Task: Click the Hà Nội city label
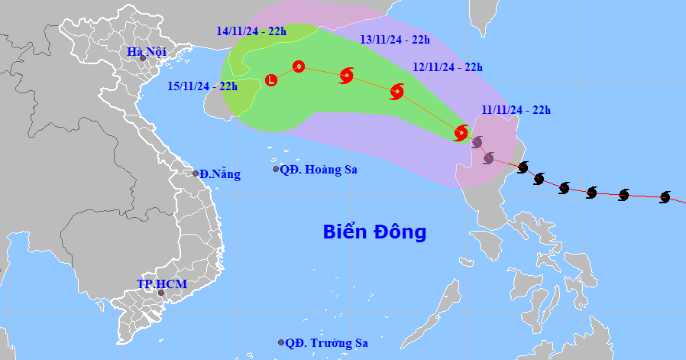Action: (147, 52)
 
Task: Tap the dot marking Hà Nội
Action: (142, 58)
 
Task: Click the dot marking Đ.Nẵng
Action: (196, 174)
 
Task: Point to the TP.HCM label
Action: (161, 284)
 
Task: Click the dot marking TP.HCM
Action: (161, 293)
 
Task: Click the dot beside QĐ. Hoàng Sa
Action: (277, 169)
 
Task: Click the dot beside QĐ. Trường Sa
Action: (282, 342)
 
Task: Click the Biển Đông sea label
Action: (374, 232)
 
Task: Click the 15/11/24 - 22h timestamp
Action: (202, 86)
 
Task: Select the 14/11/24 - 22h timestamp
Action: (251, 31)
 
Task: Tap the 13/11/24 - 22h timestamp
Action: (395, 40)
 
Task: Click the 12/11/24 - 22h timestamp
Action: (448, 67)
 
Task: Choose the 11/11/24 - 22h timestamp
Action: (516, 110)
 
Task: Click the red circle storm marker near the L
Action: (299, 67)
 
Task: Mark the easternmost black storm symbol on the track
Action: (665, 197)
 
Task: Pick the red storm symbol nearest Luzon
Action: (461, 133)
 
